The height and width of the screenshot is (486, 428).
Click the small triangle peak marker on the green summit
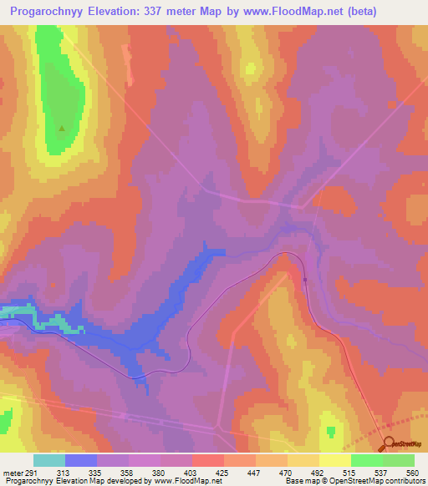[62, 129]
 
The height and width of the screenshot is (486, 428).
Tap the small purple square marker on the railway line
[305, 281]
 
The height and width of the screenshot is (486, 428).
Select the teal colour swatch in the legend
[49, 460]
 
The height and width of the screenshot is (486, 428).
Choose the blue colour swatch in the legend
[81, 460]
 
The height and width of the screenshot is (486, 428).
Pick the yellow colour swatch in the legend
[334, 460]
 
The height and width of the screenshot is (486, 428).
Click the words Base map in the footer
[299, 482]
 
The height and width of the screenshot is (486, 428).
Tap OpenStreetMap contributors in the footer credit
[381, 482]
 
